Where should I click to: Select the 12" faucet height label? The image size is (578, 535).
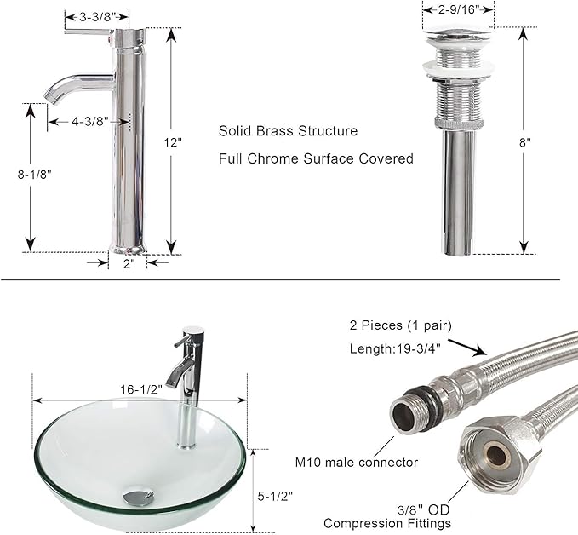click(x=174, y=142)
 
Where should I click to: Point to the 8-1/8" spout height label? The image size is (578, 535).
click(x=35, y=175)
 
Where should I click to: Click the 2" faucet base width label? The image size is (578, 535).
click(x=128, y=264)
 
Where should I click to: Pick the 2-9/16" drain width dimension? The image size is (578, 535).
click(x=458, y=9)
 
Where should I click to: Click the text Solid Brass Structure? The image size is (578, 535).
click(x=288, y=131)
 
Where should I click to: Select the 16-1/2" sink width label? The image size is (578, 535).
click(x=141, y=389)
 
